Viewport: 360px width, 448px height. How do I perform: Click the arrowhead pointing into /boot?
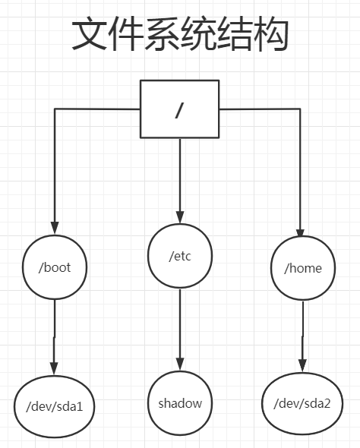[x=55, y=228]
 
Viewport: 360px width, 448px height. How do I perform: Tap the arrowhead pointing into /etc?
[x=180, y=217]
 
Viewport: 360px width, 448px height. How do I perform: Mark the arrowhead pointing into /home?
[x=300, y=233]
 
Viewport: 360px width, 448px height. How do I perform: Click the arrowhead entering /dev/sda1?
[x=54, y=368]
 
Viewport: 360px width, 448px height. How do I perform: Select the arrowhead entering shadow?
[x=180, y=364]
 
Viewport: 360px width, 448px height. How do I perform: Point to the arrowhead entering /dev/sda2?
[x=302, y=366]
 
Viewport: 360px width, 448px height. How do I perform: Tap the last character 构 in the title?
[x=270, y=33]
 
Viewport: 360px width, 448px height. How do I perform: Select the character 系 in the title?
[x=162, y=33]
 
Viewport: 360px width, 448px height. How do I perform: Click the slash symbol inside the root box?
[x=178, y=110]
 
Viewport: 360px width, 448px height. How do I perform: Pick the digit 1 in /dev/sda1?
[x=79, y=406]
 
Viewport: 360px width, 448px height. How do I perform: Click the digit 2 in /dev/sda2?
[x=327, y=403]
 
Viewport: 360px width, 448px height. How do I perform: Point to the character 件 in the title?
[x=125, y=33]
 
